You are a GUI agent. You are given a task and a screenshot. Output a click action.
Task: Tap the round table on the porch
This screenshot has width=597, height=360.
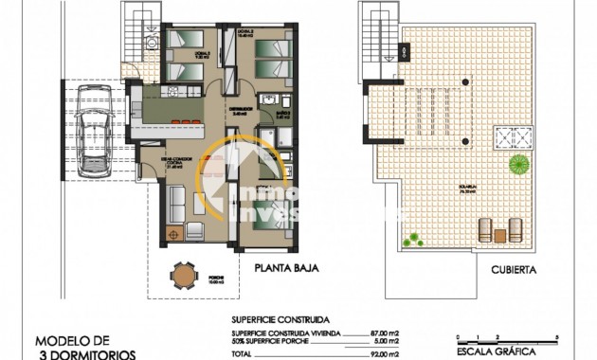(182, 274)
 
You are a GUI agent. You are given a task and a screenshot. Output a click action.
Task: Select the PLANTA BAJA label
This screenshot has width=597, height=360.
(285, 268)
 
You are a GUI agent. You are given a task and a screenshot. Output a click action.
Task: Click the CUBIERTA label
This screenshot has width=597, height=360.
(514, 269)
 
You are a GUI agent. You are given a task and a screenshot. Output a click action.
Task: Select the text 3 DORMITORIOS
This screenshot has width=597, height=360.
(85, 354)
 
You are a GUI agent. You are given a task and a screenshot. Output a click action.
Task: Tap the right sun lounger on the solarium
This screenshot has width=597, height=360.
(516, 228)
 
